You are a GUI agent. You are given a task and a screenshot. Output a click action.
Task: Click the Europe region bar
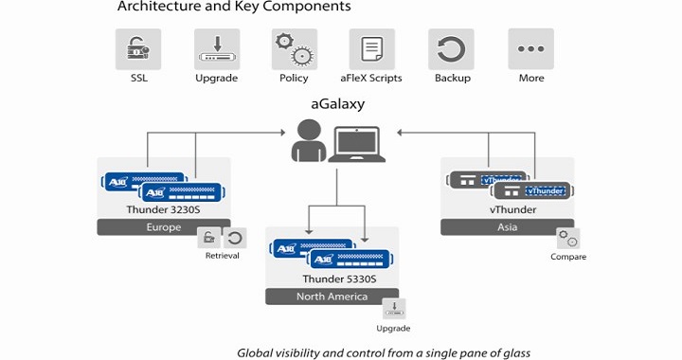(163, 227)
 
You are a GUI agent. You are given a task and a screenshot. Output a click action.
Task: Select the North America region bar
(332, 297)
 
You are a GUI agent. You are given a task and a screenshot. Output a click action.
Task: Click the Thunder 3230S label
(162, 209)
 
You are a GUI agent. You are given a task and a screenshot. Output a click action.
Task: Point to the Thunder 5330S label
(332, 279)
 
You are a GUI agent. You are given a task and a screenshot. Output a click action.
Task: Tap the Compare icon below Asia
(568, 239)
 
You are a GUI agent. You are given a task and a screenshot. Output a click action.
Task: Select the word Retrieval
(223, 256)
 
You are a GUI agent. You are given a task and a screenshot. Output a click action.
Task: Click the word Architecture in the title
(156, 8)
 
